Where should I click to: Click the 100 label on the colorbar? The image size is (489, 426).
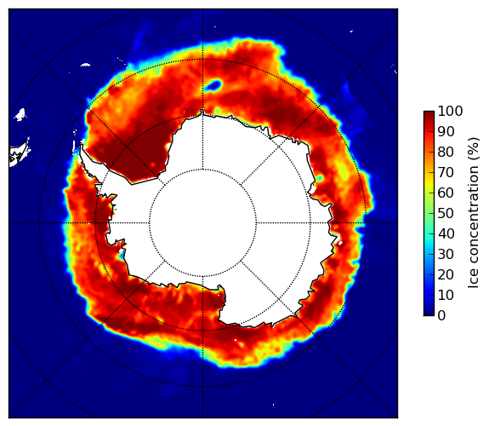pyautogui.click(x=451, y=112)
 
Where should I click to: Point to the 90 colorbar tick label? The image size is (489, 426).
pyautogui.click(x=446, y=131)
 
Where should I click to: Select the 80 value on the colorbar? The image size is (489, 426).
pyautogui.click(x=446, y=153)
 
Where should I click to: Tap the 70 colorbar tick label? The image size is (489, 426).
pyautogui.click(x=446, y=172)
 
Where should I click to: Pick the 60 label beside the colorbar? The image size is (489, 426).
pyautogui.click(x=446, y=193)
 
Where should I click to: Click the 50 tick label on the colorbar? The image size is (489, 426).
pyautogui.click(x=446, y=214)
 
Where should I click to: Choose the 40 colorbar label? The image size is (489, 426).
pyautogui.click(x=446, y=233)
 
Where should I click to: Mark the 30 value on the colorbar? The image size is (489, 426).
pyautogui.click(x=446, y=255)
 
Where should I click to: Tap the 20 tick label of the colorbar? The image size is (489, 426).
pyautogui.click(x=446, y=274)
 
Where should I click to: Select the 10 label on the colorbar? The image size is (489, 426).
pyautogui.click(x=446, y=295)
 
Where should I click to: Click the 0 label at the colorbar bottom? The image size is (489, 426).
pyautogui.click(x=442, y=316)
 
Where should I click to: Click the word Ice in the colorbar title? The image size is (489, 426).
pyautogui.click(x=474, y=279)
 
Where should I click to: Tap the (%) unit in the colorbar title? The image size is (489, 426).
pyautogui.click(x=474, y=149)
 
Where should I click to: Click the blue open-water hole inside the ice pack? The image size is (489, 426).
pyautogui.click(x=213, y=85)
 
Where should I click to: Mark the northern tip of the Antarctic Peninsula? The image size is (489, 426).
pyautogui.click(x=82, y=146)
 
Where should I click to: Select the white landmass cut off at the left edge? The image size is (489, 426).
pyautogui.click(x=18, y=155)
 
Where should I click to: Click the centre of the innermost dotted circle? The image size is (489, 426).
pyautogui.click(x=202, y=223)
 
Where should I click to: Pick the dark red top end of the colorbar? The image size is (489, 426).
pyautogui.click(x=429, y=113)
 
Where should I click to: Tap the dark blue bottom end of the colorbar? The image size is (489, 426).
pyautogui.click(x=429, y=313)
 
